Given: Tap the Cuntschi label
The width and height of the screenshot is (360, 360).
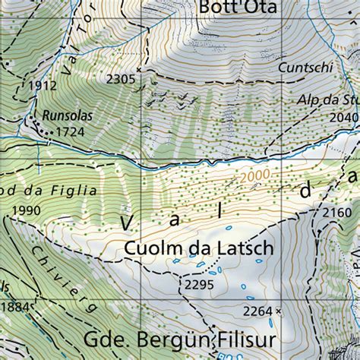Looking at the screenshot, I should (305, 68).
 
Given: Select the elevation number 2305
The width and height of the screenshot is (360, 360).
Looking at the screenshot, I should (122, 79).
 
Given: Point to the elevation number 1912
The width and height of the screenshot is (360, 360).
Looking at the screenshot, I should (42, 86).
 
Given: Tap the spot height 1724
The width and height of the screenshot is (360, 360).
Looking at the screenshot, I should (70, 132).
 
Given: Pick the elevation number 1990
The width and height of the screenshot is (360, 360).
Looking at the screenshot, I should (26, 210).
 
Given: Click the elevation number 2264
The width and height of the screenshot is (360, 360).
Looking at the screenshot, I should (257, 311).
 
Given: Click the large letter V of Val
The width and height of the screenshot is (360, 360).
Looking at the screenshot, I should (128, 222).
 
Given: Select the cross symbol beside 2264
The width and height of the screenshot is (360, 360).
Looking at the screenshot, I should (279, 311).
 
